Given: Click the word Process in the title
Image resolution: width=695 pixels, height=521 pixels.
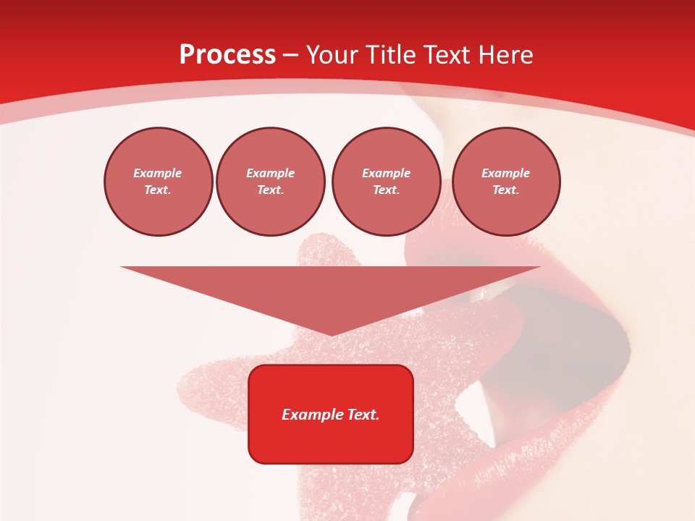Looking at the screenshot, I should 227,55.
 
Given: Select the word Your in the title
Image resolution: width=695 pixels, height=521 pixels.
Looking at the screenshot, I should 330,55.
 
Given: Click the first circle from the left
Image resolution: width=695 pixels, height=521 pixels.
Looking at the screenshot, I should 159,182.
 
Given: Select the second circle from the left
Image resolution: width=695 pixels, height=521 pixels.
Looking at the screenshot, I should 271,182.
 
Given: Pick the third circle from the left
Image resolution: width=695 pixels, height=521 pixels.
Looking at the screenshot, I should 386,182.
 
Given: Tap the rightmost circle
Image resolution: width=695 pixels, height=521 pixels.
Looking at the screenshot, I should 506,182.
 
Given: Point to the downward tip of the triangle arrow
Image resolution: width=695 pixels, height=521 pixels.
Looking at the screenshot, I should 332,334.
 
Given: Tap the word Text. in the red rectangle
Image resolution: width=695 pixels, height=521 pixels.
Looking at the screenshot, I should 363,415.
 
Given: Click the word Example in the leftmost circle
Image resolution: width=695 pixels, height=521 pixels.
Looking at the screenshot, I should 158,173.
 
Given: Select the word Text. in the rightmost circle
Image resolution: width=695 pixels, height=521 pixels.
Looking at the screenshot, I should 506,190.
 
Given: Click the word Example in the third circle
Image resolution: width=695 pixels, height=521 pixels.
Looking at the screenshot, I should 386,173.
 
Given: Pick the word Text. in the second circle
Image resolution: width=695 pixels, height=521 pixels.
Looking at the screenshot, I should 271,190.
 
